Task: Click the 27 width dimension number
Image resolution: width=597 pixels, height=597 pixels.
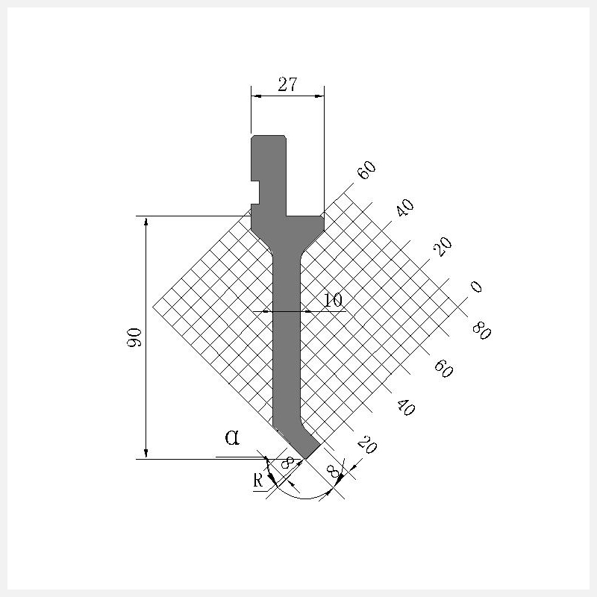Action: [287, 84]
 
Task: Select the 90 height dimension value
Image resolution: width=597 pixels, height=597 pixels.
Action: [134, 337]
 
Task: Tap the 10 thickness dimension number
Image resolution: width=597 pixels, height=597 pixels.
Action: [333, 301]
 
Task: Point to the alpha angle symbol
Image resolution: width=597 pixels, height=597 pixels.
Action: [232, 437]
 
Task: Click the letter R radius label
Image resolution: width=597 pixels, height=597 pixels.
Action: [258, 481]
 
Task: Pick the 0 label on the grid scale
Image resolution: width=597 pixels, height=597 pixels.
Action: [476, 287]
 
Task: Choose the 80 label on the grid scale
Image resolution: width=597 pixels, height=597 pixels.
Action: [481, 331]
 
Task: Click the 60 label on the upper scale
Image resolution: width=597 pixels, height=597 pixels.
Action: [366, 170]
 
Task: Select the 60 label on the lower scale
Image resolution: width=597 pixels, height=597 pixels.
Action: [443, 369]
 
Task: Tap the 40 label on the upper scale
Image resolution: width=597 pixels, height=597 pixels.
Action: [404, 207]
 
